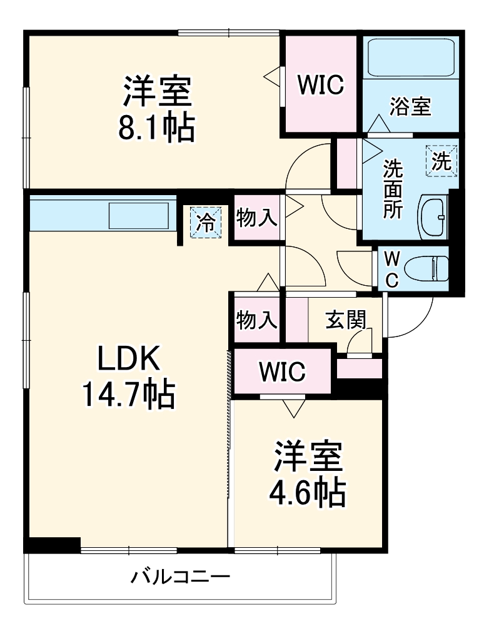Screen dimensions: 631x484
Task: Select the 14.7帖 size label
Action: point(128,395)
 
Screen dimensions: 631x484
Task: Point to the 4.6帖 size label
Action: point(307,493)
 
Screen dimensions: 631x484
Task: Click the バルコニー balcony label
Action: point(180,576)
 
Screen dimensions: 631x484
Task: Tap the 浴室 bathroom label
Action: point(410,106)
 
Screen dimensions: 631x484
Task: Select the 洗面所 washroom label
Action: point(393,188)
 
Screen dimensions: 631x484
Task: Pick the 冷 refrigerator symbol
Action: point(206,222)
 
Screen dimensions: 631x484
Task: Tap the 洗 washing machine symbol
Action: point(442,162)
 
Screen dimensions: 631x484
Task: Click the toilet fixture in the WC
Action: point(426,270)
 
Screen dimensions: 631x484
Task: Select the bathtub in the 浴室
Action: point(411,59)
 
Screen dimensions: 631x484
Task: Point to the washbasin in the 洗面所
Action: point(435,217)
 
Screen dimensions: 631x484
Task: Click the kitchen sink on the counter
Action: point(139,216)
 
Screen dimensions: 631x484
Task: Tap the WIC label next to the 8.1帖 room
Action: point(320,85)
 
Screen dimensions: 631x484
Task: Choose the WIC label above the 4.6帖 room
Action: point(283,371)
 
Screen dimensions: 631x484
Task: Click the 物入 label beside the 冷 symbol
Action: point(256,218)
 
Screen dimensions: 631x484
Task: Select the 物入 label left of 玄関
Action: point(256,320)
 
